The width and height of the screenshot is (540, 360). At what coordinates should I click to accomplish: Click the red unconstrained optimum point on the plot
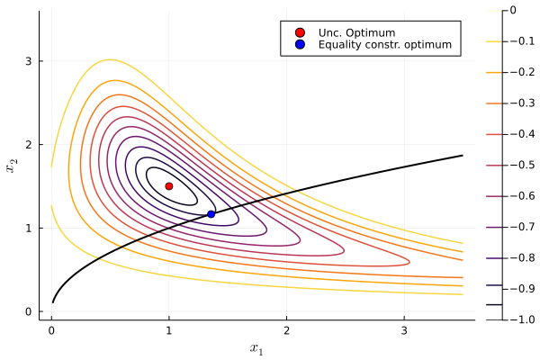pos(169,186)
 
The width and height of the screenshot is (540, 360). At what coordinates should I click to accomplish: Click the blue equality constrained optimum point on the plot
pos(211,214)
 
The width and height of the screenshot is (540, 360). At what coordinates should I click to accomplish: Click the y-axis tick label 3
pos(28,61)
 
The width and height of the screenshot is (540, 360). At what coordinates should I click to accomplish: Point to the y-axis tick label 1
pos(28,228)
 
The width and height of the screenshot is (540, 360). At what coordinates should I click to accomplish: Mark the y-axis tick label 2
pos(28,145)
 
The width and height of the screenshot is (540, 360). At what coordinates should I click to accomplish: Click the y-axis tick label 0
pos(28,311)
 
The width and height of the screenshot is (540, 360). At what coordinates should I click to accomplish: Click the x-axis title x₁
pos(256,349)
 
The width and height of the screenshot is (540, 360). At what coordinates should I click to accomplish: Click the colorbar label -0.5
pos(521,166)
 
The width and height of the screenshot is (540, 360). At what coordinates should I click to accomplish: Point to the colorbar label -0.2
pos(521,73)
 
